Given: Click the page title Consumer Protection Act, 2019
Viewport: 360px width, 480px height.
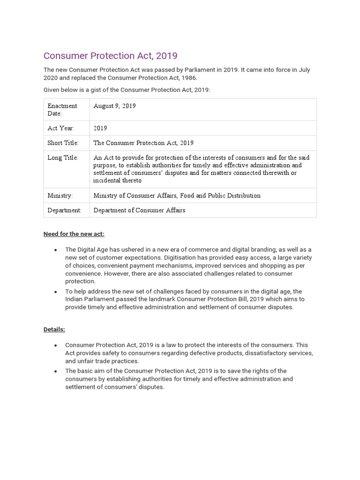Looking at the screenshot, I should pos(110,56).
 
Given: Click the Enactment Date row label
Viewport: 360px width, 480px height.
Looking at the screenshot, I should pos(62,110).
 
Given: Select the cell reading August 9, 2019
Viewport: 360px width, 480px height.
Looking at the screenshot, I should pos(114,106).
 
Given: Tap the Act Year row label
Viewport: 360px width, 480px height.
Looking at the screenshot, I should pos(60,128).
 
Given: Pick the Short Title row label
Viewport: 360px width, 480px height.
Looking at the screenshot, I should pos(63,143).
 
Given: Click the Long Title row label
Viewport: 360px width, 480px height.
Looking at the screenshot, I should pos(62,158).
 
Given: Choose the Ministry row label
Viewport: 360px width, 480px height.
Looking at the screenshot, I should pos(60,195).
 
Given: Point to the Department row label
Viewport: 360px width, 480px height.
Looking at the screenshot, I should pos(64,210).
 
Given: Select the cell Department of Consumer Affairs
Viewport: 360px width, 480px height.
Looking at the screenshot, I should pos(139,210).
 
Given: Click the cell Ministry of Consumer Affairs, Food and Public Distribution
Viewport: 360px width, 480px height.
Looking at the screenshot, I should pos(177,195).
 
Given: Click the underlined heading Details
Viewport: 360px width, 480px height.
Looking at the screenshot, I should pos(54,330).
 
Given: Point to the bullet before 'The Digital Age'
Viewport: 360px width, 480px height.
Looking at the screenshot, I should pos(56,250).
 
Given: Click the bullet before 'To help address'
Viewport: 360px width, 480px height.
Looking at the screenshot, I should pos(56,292).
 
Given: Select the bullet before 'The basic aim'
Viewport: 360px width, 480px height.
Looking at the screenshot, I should pos(56,371).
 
